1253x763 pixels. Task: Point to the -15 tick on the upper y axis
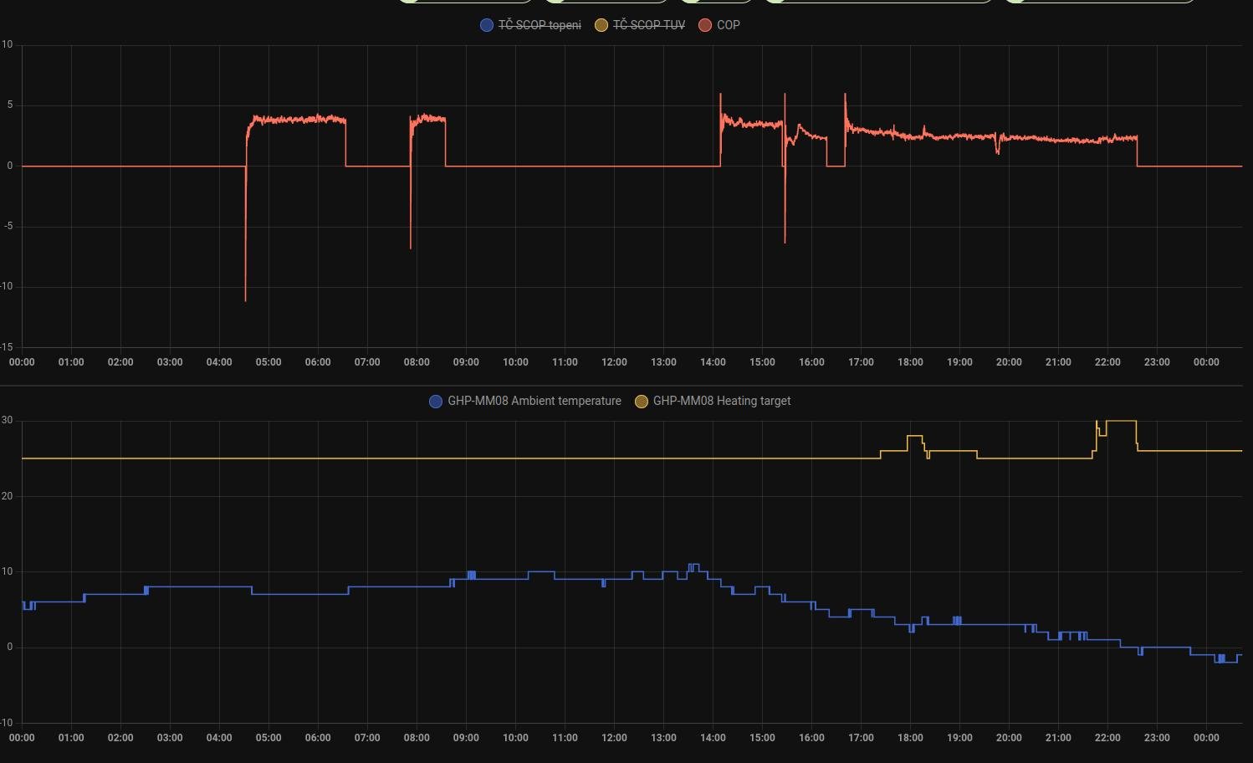(x=7, y=346)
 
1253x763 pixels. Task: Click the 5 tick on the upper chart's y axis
(x=10, y=105)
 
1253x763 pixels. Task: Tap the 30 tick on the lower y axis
(x=7, y=420)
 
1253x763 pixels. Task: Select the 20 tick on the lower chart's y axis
(x=7, y=496)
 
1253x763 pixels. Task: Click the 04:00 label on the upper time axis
(x=219, y=362)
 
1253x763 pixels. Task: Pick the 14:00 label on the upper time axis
(x=713, y=362)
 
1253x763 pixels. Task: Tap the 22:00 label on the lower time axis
(x=1107, y=738)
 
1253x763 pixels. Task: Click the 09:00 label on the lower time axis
(x=466, y=738)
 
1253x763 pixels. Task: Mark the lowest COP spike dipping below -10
(x=245, y=300)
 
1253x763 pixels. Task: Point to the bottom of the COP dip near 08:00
(x=411, y=247)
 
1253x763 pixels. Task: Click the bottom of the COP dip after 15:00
(x=785, y=242)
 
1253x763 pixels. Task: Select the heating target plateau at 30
(x=1121, y=421)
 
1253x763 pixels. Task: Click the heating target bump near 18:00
(x=914, y=437)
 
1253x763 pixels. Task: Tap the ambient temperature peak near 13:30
(x=693, y=566)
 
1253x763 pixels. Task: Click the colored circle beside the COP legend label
(x=705, y=25)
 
